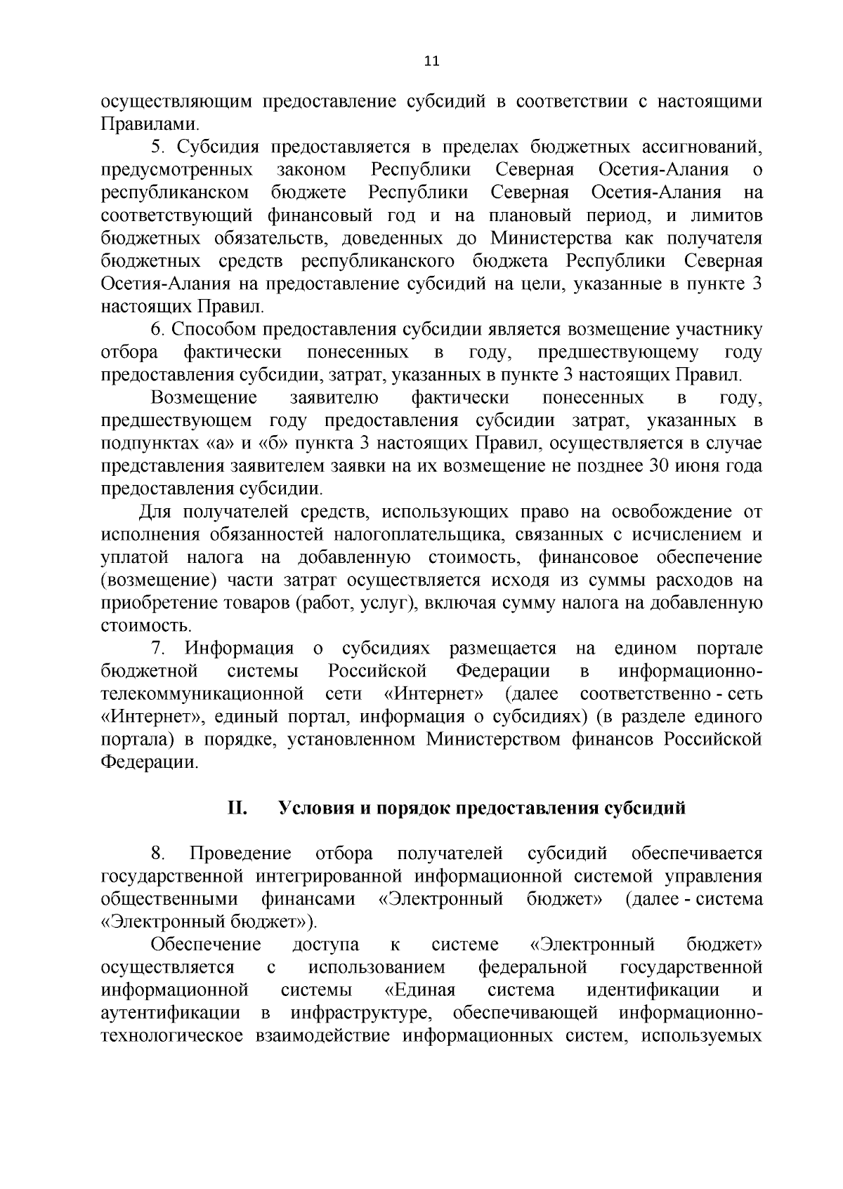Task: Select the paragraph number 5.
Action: [157, 147]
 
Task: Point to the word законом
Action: [311, 170]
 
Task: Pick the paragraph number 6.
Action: [157, 329]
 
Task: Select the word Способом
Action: [215, 329]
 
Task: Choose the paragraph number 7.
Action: [157, 649]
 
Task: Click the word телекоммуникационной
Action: [202, 694]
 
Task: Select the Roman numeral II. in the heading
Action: [236, 808]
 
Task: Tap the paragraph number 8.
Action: [157, 853]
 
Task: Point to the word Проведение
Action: [241, 853]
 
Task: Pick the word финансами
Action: [308, 899]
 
